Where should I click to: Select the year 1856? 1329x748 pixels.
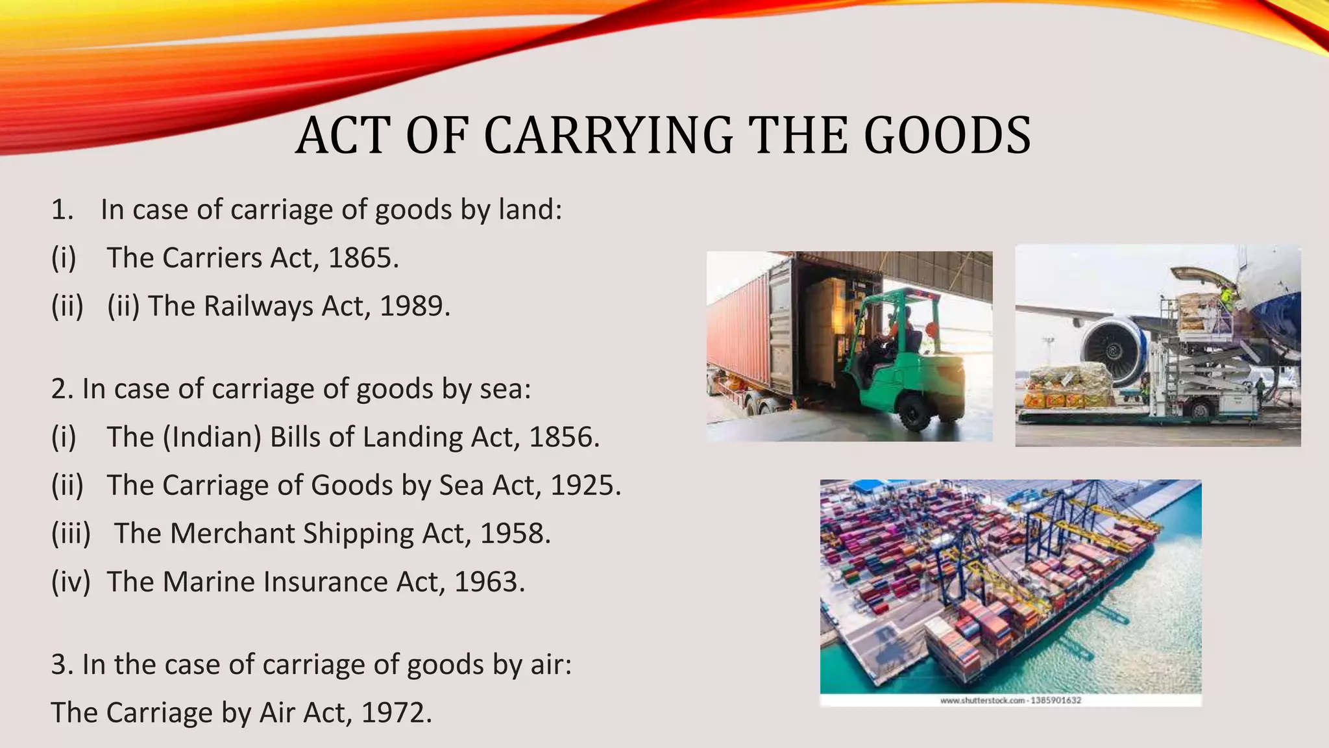pos(561,437)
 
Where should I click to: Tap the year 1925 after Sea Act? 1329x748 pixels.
pos(583,485)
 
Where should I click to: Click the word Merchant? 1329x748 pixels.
pos(232,533)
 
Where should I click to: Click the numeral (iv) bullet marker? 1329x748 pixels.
pos(71,581)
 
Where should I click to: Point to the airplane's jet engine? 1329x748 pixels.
pos(1112,351)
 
